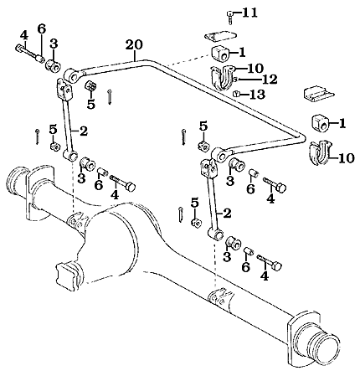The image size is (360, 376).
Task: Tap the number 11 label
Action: pos(249,13)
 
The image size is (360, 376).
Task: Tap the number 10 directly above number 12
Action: pos(255,67)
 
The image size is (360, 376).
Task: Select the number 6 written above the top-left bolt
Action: pos(40,28)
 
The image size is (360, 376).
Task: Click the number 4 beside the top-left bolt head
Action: pos(23,34)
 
